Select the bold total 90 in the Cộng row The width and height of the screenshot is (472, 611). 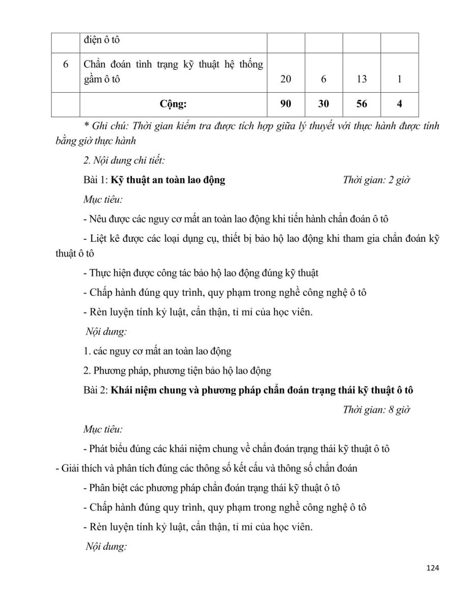click(286, 104)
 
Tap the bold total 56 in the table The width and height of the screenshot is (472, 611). click(362, 104)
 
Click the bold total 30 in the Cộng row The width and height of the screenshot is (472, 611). click(323, 104)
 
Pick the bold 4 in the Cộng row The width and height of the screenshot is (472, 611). click(400, 104)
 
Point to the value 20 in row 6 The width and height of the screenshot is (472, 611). click(286, 79)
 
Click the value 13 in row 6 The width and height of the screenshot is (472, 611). click(362, 79)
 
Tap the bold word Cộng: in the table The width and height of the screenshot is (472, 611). click(173, 104)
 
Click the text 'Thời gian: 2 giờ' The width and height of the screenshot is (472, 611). click(376, 180)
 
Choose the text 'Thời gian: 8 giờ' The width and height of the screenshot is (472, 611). click(376, 410)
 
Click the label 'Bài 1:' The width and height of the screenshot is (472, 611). click(96, 180)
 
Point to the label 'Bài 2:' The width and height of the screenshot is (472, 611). click(96, 391)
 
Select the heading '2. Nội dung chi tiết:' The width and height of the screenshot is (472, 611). click(124, 160)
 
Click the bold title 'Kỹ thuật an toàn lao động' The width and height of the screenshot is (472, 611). click(168, 180)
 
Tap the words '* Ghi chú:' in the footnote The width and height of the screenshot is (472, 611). click(105, 126)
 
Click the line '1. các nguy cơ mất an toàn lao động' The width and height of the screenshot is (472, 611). click(157, 351)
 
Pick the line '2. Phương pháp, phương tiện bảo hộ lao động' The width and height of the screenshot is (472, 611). click(177, 371)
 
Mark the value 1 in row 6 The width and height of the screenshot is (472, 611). click(400, 79)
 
